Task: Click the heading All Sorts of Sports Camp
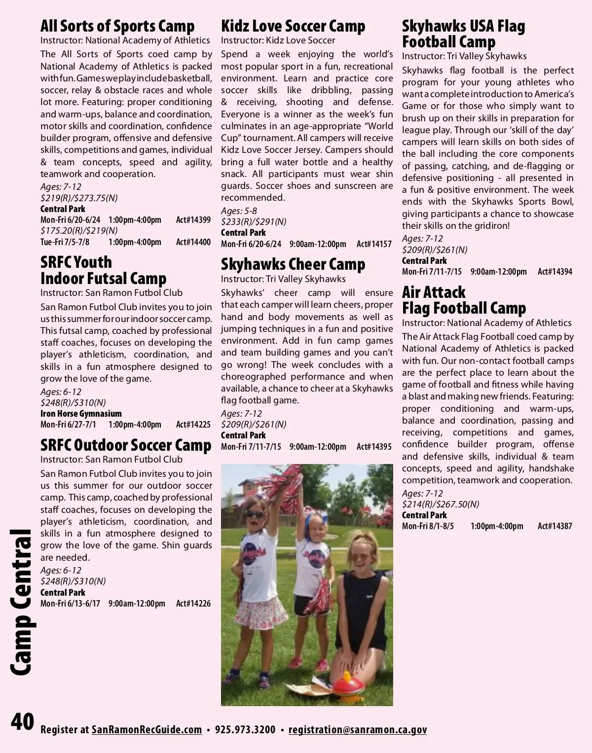(x=117, y=26)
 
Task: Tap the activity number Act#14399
(x=193, y=220)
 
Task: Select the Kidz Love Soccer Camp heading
(x=293, y=26)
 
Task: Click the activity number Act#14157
(x=374, y=244)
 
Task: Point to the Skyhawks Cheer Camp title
(x=293, y=264)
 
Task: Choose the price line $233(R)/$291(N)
(x=254, y=222)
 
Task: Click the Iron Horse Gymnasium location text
(x=81, y=414)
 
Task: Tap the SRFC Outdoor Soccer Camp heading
(x=126, y=445)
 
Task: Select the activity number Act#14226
(x=193, y=604)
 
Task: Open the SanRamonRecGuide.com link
(x=147, y=730)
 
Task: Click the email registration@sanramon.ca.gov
(x=358, y=730)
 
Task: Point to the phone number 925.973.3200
(x=245, y=730)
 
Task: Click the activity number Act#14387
(x=555, y=526)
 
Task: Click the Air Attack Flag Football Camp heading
(x=464, y=300)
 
